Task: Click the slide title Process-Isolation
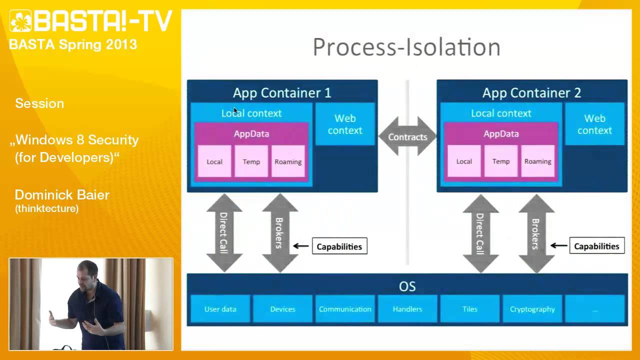406,47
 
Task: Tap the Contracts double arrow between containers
407,136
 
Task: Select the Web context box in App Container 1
345,124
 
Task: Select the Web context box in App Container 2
594,124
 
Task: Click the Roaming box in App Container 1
288,161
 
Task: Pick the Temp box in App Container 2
500,161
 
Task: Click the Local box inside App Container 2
464,161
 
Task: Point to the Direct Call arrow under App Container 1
224,232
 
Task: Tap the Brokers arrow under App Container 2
536,232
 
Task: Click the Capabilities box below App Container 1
339,246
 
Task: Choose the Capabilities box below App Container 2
596,246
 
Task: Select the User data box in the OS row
220,309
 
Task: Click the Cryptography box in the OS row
532,309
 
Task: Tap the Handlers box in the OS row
407,309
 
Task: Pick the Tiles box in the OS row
469,309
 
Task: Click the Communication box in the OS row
345,309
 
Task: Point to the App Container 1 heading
282,92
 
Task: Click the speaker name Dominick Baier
62,195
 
